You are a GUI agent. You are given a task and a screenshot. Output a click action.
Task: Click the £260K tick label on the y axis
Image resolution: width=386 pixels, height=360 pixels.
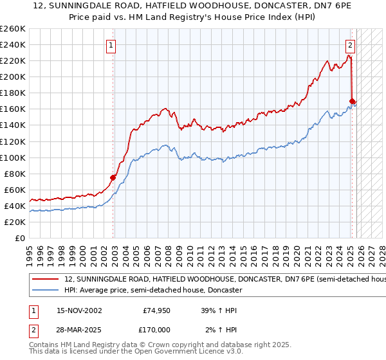pyautogui.click(x=13, y=28)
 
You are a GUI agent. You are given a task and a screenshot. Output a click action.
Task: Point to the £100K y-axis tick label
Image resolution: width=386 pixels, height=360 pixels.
pyautogui.click(x=13, y=157)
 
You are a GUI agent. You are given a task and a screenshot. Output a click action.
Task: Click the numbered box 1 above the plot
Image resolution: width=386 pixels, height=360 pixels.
pyautogui.click(x=112, y=45)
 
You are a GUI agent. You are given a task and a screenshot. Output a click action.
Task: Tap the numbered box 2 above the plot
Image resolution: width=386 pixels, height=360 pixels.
pyautogui.click(x=351, y=45)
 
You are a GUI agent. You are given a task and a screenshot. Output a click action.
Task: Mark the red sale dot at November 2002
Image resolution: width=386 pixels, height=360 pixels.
pyautogui.click(x=113, y=177)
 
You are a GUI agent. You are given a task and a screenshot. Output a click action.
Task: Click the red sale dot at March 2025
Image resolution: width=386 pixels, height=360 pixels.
pyautogui.click(x=352, y=101)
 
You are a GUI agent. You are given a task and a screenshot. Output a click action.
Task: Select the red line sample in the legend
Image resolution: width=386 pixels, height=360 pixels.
pyautogui.click(x=46, y=280)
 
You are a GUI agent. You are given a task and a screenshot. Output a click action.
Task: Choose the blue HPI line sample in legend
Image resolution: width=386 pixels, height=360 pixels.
pyautogui.click(x=46, y=291)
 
